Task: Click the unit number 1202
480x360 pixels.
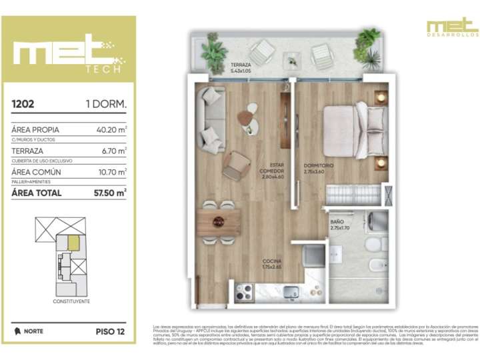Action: coord(24,104)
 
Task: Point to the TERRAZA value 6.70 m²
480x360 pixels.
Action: coord(115,151)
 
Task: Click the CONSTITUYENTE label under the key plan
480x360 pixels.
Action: coord(71,301)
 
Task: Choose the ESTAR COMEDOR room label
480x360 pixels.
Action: coord(273,171)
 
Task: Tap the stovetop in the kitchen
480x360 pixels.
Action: coord(244,291)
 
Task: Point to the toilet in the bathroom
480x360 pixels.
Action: coord(375,264)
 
